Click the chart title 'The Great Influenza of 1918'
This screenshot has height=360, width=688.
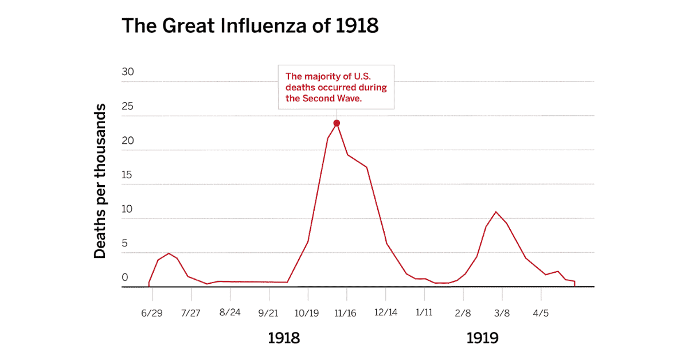(250, 26)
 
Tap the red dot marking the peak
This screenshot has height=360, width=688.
(337, 123)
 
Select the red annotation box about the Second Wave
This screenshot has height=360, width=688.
(337, 87)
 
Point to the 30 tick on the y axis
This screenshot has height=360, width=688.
(127, 73)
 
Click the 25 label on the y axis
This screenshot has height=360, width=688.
(127, 107)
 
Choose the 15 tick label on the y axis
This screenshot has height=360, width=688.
(127, 175)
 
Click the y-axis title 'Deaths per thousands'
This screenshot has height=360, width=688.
(100, 181)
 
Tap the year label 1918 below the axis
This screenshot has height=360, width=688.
(284, 338)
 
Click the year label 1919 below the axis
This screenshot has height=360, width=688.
(482, 338)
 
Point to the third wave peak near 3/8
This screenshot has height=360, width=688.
(496, 212)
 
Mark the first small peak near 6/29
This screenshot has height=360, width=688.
(169, 253)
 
